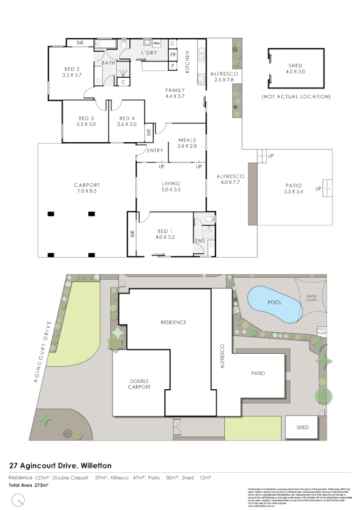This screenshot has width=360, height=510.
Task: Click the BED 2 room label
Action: [x=72, y=72]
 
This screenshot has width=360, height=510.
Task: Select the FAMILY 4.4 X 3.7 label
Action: [x=175, y=93]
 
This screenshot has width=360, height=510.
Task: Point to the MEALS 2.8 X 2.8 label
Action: [x=186, y=143]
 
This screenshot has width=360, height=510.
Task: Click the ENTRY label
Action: [x=155, y=150]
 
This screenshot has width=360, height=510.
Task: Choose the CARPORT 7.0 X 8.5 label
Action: [x=87, y=188]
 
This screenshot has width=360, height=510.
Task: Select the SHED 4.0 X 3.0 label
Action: [x=295, y=68]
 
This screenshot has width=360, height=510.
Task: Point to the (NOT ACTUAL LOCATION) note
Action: [x=295, y=97]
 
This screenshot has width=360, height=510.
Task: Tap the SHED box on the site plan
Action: [x=302, y=427]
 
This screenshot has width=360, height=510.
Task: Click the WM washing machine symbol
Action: [x=157, y=43]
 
